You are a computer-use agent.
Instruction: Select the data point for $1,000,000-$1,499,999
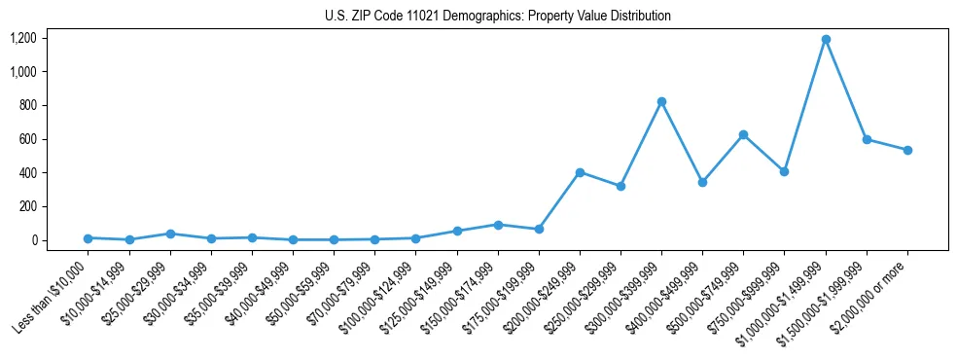click(x=826, y=39)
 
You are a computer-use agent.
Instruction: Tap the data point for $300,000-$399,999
click(x=661, y=101)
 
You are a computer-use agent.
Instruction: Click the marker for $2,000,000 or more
click(x=907, y=150)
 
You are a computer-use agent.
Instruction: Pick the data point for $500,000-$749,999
click(x=743, y=134)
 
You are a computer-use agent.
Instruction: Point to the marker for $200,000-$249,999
click(x=580, y=172)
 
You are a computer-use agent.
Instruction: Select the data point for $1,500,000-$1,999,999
click(x=867, y=139)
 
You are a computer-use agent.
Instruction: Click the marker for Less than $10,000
click(x=89, y=237)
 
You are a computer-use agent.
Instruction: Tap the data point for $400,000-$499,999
click(x=702, y=182)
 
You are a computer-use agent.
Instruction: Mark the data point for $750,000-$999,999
click(x=784, y=171)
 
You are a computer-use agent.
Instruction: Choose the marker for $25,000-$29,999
click(x=170, y=234)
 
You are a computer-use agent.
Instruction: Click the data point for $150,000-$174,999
click(x=498, y=225)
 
